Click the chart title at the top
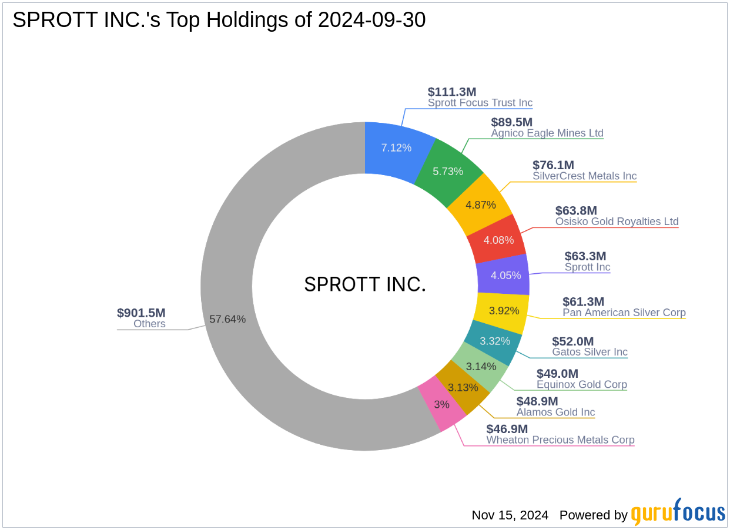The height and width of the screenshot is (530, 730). pyautogui.click(x=219, y=20)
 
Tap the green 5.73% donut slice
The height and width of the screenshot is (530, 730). pyautogui.click(x=447, y=171)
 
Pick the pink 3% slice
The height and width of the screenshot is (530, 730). pyautogui.click(x=442, y=405)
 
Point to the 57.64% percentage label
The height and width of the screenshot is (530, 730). pyautogui.click(x=227, y=319)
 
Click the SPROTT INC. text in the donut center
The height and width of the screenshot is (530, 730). pyautogui.click(x=365, y=285)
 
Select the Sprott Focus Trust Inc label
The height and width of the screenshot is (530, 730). pyautogui.click(x=480, y=103)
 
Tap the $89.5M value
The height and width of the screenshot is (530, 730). pyautogui.click(x=511, y=122)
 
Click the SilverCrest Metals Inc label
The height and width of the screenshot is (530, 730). pyautogui.click(x=584, y=176)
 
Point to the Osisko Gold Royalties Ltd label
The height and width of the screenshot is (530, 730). pyautogui.click(x=617, y=222)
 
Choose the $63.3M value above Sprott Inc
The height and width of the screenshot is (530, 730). pyautogui.click(x=585, y=256)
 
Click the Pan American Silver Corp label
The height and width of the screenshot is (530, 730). pyautogui.click(x=624, y=313)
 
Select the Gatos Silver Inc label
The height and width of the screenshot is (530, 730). pyautogui.click(x=590, y=353)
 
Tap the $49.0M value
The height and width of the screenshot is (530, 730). pyautogui.click(x=557, y=374)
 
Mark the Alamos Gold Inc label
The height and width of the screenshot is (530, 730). pyautogui.click(x=555, y=412)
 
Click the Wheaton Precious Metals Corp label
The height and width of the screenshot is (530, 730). pyautogui.click(x=560, y=440)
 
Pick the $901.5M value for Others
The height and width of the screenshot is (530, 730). pyautogui.click(x=141, y=313)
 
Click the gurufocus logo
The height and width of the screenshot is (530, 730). pyautogui.click(x=678, y=512)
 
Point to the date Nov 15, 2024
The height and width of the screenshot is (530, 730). pyautogui.click(x=510, y=515)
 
